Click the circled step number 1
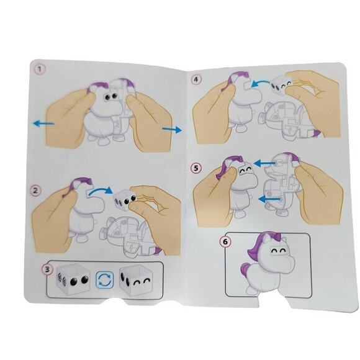(40, 69)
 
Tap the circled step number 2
(35, 191)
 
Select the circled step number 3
(47, 269)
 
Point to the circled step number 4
(196, 79)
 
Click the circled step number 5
(196, 168)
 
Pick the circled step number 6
(225, 242)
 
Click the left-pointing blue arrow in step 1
(44, 124)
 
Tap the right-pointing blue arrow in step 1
(172, 130)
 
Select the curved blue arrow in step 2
(101, 191)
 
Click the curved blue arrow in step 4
(261, 83)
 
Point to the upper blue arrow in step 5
(264, 163)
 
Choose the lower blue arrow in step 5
(269, 199)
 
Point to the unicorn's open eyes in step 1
(111, 96)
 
